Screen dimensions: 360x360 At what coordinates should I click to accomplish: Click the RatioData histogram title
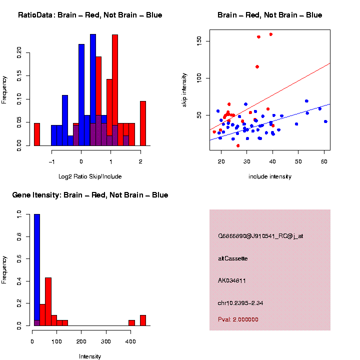point(90,15)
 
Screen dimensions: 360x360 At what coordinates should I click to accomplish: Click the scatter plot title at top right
point(269,15)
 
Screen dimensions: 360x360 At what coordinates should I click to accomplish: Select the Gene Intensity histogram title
point(90,195)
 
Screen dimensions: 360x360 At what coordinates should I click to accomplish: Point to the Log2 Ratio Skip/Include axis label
point(90,176)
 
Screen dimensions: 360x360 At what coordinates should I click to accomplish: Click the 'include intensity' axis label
point(269,176)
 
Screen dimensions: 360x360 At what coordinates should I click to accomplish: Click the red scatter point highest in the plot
point(270,34)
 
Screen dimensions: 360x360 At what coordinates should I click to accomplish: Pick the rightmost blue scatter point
point(325,121)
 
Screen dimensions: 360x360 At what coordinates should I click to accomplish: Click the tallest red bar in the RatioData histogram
point(115,90)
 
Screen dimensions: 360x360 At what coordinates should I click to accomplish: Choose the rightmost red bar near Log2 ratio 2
point(143,123)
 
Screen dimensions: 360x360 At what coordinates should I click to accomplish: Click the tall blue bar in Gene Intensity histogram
point(37,270)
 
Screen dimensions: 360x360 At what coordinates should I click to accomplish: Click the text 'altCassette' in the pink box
point(233,258)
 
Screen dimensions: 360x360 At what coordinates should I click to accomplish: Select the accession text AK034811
point(232,281)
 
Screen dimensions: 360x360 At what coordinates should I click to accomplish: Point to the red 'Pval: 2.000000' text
point(238,319)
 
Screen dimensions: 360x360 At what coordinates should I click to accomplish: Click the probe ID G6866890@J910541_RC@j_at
point(260,236)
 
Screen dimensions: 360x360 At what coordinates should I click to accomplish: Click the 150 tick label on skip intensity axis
point(199,40)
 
